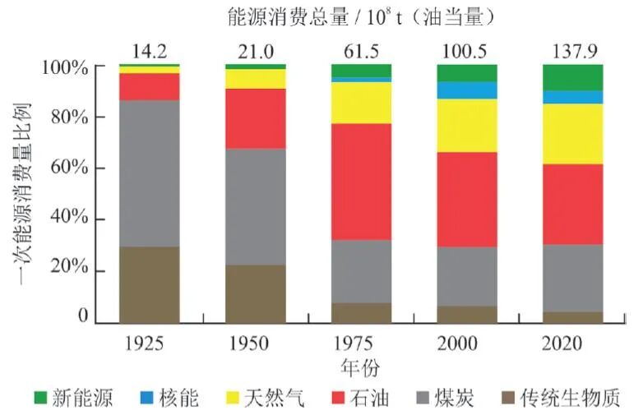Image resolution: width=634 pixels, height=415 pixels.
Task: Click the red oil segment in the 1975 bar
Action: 361,181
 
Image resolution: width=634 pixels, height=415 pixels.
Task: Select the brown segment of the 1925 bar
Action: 150,284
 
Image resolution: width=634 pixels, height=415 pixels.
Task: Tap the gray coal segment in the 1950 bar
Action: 255,206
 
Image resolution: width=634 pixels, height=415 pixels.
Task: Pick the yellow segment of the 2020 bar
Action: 573,133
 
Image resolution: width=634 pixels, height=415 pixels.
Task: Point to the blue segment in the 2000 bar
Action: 467,90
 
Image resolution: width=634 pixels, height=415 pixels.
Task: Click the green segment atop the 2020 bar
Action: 573,76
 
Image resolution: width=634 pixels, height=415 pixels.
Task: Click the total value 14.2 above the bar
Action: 150,52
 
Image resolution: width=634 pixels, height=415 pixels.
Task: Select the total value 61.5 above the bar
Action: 361,52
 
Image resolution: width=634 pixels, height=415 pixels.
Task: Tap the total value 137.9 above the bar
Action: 573,52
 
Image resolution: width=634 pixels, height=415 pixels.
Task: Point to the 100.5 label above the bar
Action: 467,52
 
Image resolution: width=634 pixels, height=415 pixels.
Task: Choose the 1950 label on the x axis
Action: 255,342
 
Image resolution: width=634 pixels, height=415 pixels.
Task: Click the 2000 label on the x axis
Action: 467,342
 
